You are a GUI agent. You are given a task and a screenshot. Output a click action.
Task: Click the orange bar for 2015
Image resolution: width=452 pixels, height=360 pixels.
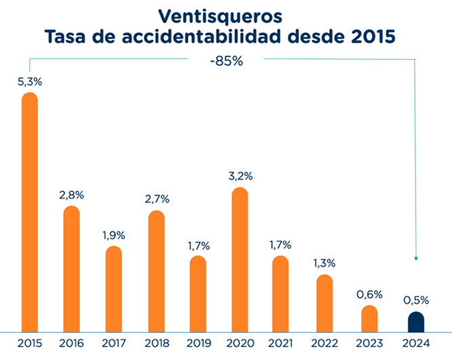30,212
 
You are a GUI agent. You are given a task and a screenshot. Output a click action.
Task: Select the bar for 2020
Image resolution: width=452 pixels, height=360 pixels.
240,260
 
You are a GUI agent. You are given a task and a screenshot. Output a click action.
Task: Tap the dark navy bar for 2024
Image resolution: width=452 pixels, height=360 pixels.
416,322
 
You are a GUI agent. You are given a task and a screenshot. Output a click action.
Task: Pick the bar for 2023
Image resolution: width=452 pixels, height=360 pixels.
369,319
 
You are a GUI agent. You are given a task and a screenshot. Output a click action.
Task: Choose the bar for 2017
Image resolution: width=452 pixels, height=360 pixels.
114,289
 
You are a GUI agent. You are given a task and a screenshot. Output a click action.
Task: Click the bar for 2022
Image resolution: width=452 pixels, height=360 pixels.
325,303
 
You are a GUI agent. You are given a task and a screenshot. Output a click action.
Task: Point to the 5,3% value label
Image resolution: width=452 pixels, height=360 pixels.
30,82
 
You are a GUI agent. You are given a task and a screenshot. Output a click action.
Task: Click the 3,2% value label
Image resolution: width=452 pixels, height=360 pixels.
241,176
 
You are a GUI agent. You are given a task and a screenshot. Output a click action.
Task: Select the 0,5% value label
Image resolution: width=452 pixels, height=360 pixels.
416,300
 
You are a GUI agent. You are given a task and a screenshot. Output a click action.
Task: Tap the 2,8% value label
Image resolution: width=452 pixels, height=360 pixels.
71,195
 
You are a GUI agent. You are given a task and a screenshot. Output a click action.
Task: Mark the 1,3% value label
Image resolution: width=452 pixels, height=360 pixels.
325,263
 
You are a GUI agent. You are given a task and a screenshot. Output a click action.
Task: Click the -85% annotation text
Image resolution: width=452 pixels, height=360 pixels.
226,61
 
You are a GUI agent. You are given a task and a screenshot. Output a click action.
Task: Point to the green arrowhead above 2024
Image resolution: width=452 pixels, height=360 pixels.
416,259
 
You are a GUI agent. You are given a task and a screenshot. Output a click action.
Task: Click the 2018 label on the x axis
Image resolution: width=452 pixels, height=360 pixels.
157,343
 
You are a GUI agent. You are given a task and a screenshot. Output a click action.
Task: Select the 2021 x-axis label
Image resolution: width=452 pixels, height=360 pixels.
280,343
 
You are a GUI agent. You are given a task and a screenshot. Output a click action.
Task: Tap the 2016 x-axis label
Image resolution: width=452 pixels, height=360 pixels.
71,343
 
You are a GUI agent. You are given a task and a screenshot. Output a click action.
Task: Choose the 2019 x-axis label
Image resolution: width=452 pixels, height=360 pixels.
199,343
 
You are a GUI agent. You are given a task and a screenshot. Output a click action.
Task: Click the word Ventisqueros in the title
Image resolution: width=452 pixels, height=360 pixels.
220,16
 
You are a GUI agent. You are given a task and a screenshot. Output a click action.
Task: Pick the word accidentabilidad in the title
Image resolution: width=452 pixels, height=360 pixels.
201,37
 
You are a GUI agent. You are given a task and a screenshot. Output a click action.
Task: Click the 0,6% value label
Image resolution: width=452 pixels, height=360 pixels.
369,294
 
